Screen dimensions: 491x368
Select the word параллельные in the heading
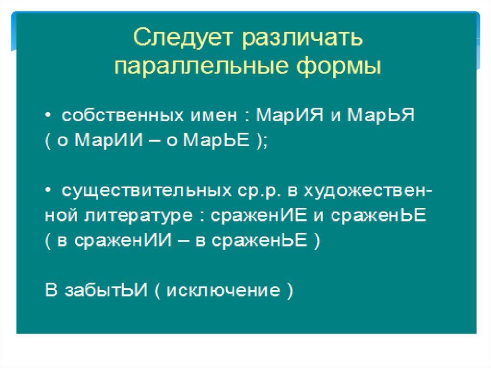201,67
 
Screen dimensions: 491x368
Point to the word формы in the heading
339,67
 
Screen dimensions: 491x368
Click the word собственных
123,115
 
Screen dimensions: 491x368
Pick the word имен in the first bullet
214,115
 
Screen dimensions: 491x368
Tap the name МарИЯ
290,115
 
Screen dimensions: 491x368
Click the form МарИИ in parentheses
109,140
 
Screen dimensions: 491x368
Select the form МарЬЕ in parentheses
216,140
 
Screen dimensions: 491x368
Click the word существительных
147,190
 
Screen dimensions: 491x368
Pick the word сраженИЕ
258,215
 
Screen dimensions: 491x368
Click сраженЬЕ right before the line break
379,215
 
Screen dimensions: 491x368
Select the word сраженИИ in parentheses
123,240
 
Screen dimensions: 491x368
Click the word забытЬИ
106,290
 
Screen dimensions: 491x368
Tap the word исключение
223,290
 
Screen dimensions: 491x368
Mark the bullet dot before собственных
47,115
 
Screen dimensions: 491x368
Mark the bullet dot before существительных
47,190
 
